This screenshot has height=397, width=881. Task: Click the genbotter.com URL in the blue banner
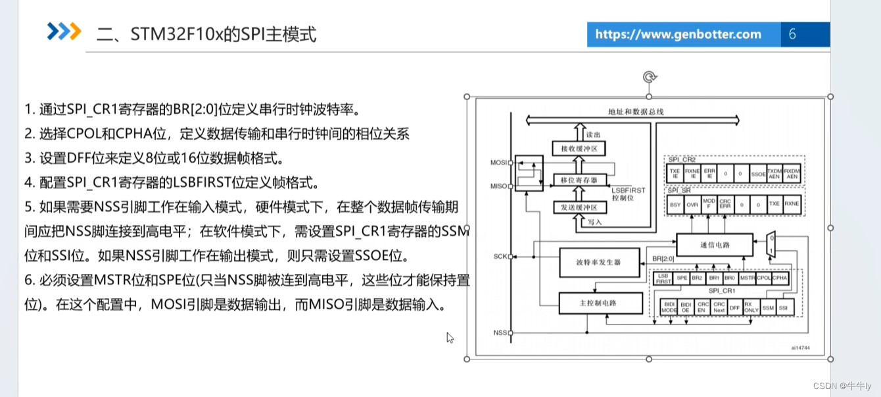coord(678,34)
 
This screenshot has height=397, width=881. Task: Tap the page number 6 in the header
coord(792,34)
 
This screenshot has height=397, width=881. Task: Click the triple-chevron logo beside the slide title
coord(64,31)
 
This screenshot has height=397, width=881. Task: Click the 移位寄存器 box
coord(579,179)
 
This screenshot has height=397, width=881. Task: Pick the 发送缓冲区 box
coord(579,208)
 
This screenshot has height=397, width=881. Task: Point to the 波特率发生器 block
coord(599,261)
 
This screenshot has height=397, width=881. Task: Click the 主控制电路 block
coord(599,303)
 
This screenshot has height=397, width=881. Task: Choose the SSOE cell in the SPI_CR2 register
coord(758,173)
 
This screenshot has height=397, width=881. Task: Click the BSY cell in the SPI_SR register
coord(675,205)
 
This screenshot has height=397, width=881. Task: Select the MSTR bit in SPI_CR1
coord(747,278)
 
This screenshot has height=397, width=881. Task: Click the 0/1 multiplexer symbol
coord(773,244)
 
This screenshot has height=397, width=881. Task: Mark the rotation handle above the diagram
coord(649,78)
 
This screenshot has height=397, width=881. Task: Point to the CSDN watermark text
coord(842,386)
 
